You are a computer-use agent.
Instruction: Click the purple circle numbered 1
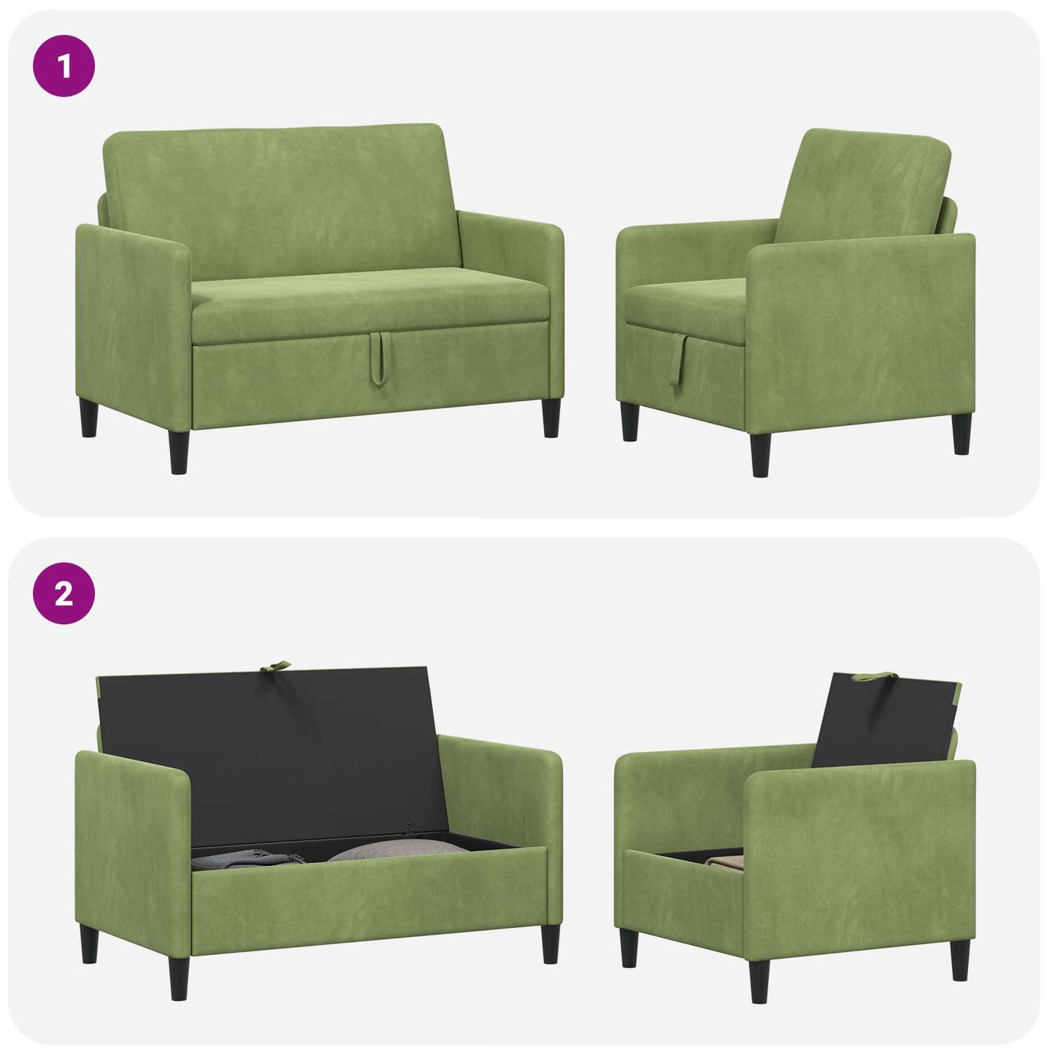(64, 66)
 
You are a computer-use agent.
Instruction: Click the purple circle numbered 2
(64, 594)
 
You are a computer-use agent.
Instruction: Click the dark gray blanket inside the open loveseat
(246, 859)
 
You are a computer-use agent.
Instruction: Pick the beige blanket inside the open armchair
(724, 862)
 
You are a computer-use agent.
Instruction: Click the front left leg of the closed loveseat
(179, 452)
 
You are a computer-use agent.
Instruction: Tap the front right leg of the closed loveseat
(551, 418)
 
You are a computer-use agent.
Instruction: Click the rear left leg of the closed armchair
(629, 421)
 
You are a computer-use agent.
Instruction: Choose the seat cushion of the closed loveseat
(370, 304)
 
